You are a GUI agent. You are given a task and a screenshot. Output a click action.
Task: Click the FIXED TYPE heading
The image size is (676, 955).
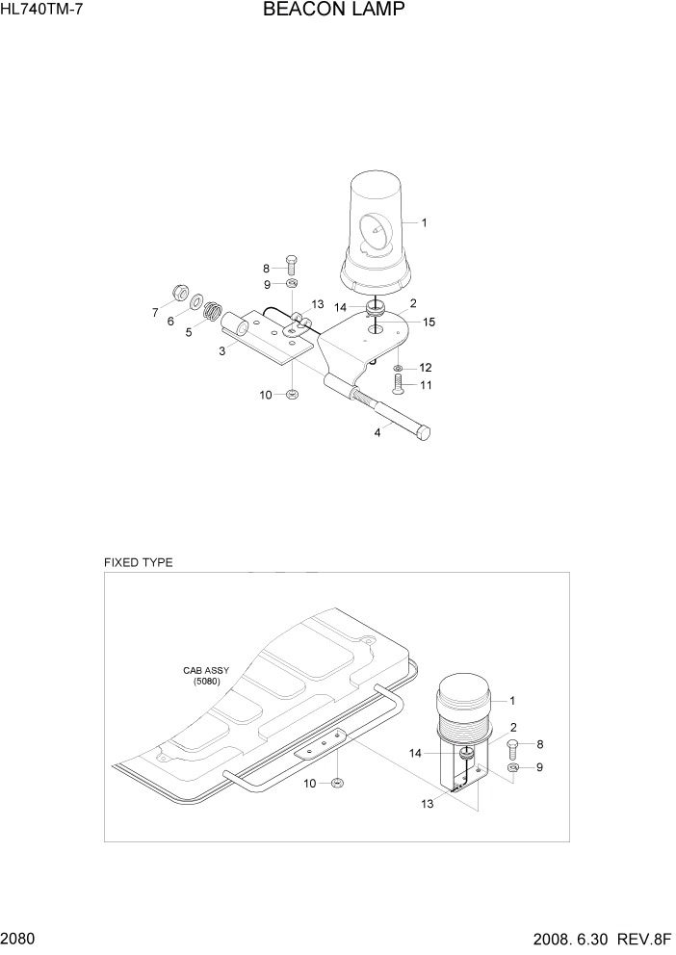pyautogui.click(x=139, y=562)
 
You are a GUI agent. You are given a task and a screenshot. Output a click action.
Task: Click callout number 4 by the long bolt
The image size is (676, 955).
pyautogui.click(x=377, y=432)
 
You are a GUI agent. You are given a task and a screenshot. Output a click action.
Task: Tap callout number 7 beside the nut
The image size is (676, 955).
pyautogui.click(x=154, y=312)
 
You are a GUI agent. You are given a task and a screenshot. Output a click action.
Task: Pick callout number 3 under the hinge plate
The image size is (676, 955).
pyautogui.click(x=221, y=351)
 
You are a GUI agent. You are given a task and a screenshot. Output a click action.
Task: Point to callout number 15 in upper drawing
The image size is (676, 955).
pyautogui.click(x=429, y=323)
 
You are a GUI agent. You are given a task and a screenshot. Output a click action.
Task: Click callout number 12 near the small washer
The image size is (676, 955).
pyautogui.click(x=425, y=367)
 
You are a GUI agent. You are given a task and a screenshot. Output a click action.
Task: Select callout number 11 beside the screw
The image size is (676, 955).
pyautogui.click(x=425, y=385)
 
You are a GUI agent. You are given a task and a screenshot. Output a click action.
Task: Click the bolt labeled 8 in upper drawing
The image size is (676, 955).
pyautogui.click(x=293, y=264)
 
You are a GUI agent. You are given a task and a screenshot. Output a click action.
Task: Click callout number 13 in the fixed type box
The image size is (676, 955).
pyautogui.click(x=426, y=803)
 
